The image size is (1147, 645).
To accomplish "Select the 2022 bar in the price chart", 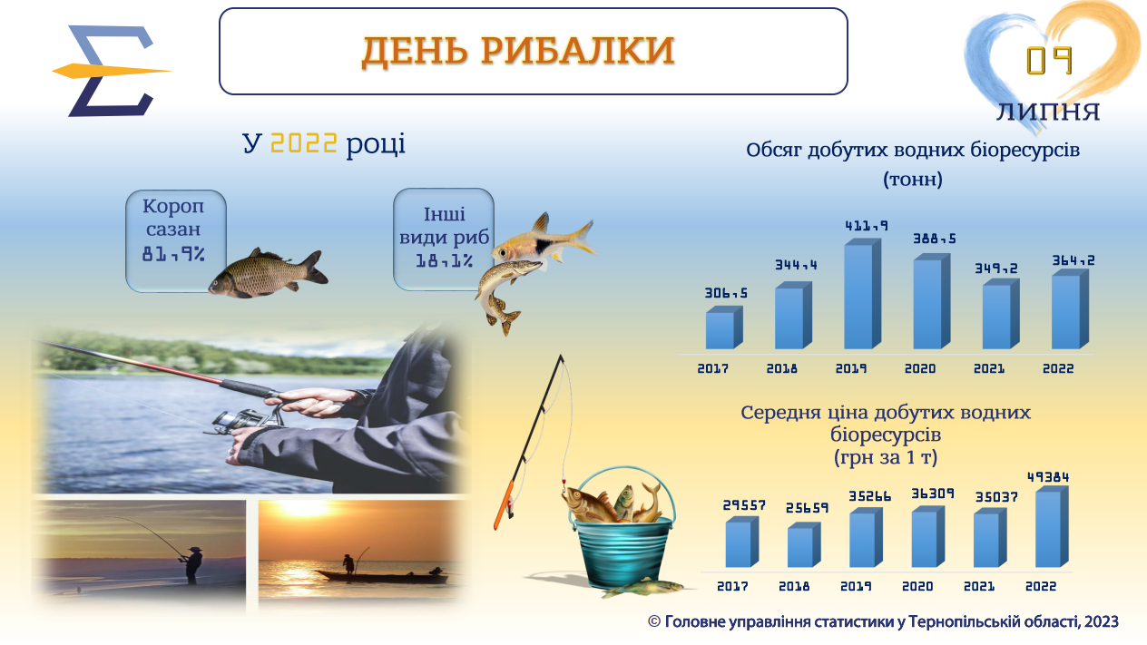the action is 1052,527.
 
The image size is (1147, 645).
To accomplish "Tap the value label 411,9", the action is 867,226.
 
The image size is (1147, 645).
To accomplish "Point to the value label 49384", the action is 1048,477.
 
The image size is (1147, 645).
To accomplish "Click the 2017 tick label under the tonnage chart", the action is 712,368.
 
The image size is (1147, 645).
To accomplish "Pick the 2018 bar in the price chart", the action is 804,544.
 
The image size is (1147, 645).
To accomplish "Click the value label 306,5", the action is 726,293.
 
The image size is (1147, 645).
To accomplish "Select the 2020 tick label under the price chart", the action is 917,586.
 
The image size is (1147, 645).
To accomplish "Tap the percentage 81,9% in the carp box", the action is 173,254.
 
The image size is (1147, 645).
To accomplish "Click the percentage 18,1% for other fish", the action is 444,261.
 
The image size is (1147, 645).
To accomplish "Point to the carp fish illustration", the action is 268,273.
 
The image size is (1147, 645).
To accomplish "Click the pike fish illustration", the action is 505,295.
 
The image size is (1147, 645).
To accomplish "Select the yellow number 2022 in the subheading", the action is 304,143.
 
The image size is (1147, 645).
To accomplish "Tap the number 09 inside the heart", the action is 1049,61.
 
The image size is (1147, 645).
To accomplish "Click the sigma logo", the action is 111,71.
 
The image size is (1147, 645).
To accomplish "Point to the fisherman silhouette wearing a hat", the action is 191,565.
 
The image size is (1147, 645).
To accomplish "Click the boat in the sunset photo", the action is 381,576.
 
